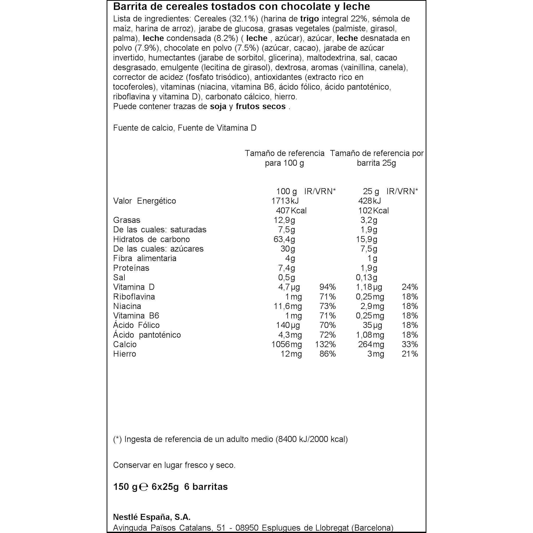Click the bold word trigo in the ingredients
(x=309, y=19)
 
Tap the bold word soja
(x=218, y=107)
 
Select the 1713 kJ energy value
(x=285, y=201)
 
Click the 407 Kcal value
(x=291, y=210)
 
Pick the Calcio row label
(x=125, y=344)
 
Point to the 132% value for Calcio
(x=325, y=344)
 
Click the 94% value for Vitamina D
(x=327, y=287)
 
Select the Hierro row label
(x=125, y=354)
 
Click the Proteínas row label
(x=131, y=268)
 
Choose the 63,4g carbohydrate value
(x=284, y=239)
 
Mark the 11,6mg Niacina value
(x=288, y=306)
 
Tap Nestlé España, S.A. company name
(x=152, y=517)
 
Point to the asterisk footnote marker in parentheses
(x=117, y=439)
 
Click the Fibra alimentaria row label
(x=145, y=258)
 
